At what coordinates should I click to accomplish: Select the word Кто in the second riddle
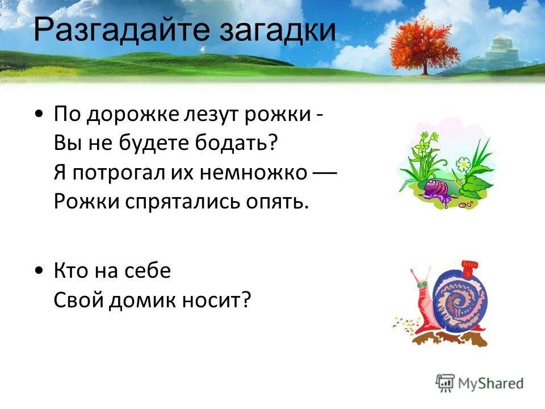tap(72, 271)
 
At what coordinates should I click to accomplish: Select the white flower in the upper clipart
tap(463, 165)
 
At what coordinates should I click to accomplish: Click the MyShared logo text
tap(489, 383)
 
